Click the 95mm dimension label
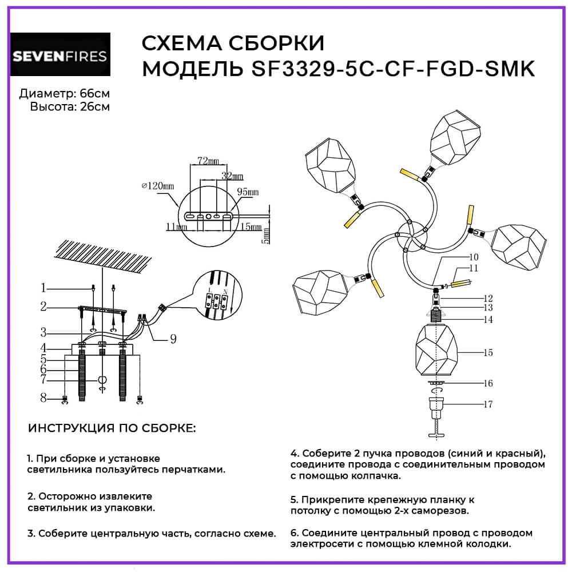coord(248,192)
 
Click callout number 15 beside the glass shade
coord(487,353)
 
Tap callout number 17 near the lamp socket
coord(487,404)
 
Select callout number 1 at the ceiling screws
coord(43,287)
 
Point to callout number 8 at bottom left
coord(43,398)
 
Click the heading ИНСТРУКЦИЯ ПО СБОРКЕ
coord(112,428)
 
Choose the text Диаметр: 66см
coord(64,93)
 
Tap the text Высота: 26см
coord(70,106)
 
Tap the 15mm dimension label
coord(249,227)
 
